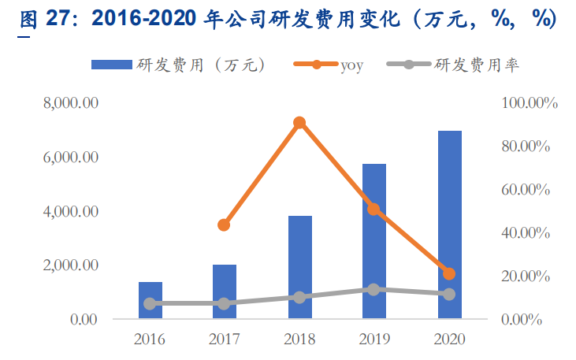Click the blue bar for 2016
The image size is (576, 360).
pos(151,300)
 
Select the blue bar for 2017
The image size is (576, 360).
pos(225,291)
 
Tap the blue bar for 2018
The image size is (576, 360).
pos(299,267)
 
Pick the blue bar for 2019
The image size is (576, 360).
pos(374,241)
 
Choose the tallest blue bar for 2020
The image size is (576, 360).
pos(449,225)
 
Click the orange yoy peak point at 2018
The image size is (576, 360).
pos(299,123)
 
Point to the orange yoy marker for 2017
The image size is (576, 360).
pos(225,225)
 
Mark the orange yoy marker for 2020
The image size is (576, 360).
pos(449,274)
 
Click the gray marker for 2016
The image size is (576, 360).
pos(151,303)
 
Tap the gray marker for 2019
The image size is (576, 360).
pos(374,290)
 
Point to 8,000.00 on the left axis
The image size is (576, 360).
pos(72,103)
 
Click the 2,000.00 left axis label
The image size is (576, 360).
pos(72,265)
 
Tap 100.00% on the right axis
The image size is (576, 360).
pos(530,103)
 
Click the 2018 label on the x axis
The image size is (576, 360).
pos(299,340)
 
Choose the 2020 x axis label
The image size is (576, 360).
pos(449,340)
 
